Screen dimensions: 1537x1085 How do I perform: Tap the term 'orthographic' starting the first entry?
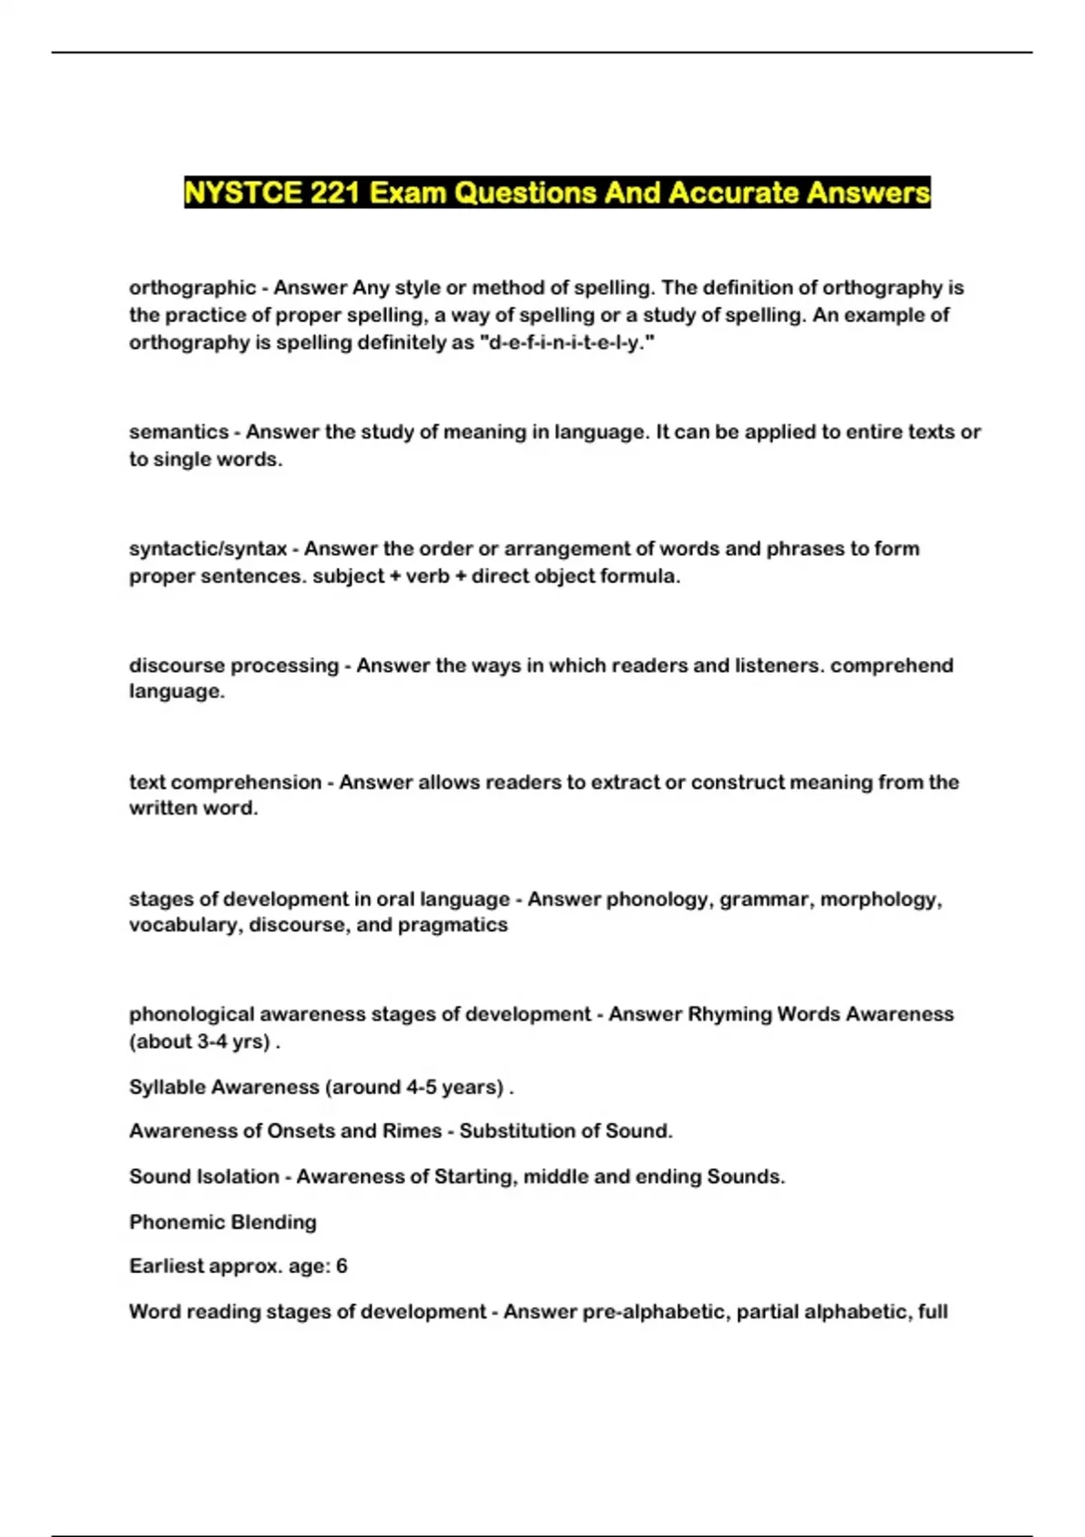pos(193,288)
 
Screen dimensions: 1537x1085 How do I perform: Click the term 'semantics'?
pos(179,432)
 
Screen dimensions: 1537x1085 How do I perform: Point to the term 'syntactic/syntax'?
pos(208,549)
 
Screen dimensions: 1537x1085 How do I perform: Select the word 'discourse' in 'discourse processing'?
pos(177,665)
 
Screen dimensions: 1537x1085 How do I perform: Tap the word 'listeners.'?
pos(779,665)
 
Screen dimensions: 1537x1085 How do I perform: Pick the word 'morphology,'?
pos(881,900)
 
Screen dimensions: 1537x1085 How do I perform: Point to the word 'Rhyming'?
pos(729,1014)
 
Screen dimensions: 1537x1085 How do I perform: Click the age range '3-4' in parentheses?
pos(212,1042)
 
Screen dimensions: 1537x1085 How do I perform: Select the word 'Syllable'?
pos(166,1087)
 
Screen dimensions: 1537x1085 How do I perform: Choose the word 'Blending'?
pos(273,1222)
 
